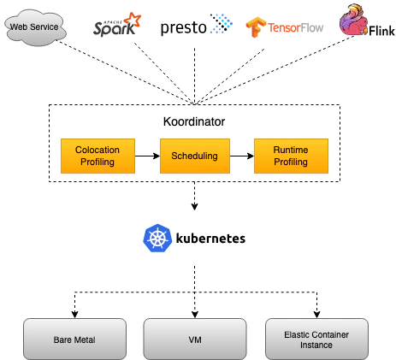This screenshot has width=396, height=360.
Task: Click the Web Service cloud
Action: click(35, 27)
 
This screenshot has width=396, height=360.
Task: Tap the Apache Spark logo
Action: click(117, 25)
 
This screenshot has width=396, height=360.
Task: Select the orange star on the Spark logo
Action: click(133, 20)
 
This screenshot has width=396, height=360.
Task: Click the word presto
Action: click(183, 27)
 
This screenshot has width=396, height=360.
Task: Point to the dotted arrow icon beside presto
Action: click(222, 23)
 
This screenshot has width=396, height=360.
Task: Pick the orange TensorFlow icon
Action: click(255, 27)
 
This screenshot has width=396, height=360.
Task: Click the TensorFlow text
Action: click(295, 27)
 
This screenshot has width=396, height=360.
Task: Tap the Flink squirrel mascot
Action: click(353, 20)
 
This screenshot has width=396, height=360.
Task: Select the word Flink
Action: click(381, 31)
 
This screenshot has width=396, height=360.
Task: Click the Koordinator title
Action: click(194, 121)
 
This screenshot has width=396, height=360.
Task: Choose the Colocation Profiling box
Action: click(98, 156)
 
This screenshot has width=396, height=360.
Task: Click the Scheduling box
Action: click(195, 156)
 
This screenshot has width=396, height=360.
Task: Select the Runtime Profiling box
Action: click(291, 156)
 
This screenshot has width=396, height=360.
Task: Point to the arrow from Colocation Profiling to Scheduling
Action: click(147, 156)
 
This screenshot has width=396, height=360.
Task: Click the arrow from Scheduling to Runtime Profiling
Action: click(242, 156)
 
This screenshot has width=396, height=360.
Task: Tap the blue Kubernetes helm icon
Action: click(157, 238)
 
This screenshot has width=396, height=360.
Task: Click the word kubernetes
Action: click(210, 239)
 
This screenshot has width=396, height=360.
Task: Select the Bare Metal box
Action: click(74, 339)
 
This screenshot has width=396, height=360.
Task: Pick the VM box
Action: click(195, 339)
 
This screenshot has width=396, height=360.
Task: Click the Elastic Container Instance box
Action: click(316, 339)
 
